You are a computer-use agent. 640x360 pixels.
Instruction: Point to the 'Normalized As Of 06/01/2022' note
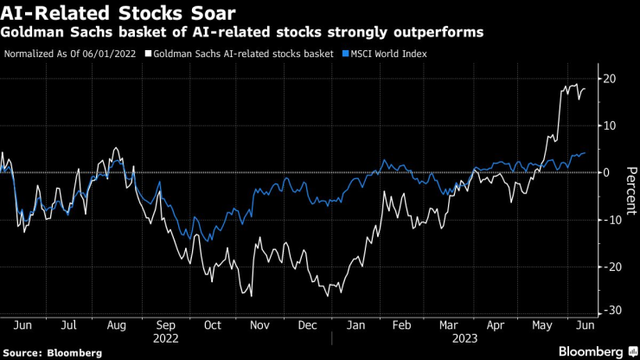tap(70, 54)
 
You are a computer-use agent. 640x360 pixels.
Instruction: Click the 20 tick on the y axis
tap(609, 79)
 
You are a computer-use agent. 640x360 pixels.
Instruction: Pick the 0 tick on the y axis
tap(606, 171)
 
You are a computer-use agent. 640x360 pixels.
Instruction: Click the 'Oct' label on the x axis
tap(213, 326)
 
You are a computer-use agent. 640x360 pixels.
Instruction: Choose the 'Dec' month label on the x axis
tap(306, 326)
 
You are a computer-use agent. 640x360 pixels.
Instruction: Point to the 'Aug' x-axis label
tap(117, 326)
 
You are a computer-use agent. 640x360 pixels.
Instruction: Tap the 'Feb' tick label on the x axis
tap(402, 326)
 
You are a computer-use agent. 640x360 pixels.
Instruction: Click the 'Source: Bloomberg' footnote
tap(53, 352)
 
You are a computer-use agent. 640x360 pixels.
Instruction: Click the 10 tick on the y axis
tap(609, 125)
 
